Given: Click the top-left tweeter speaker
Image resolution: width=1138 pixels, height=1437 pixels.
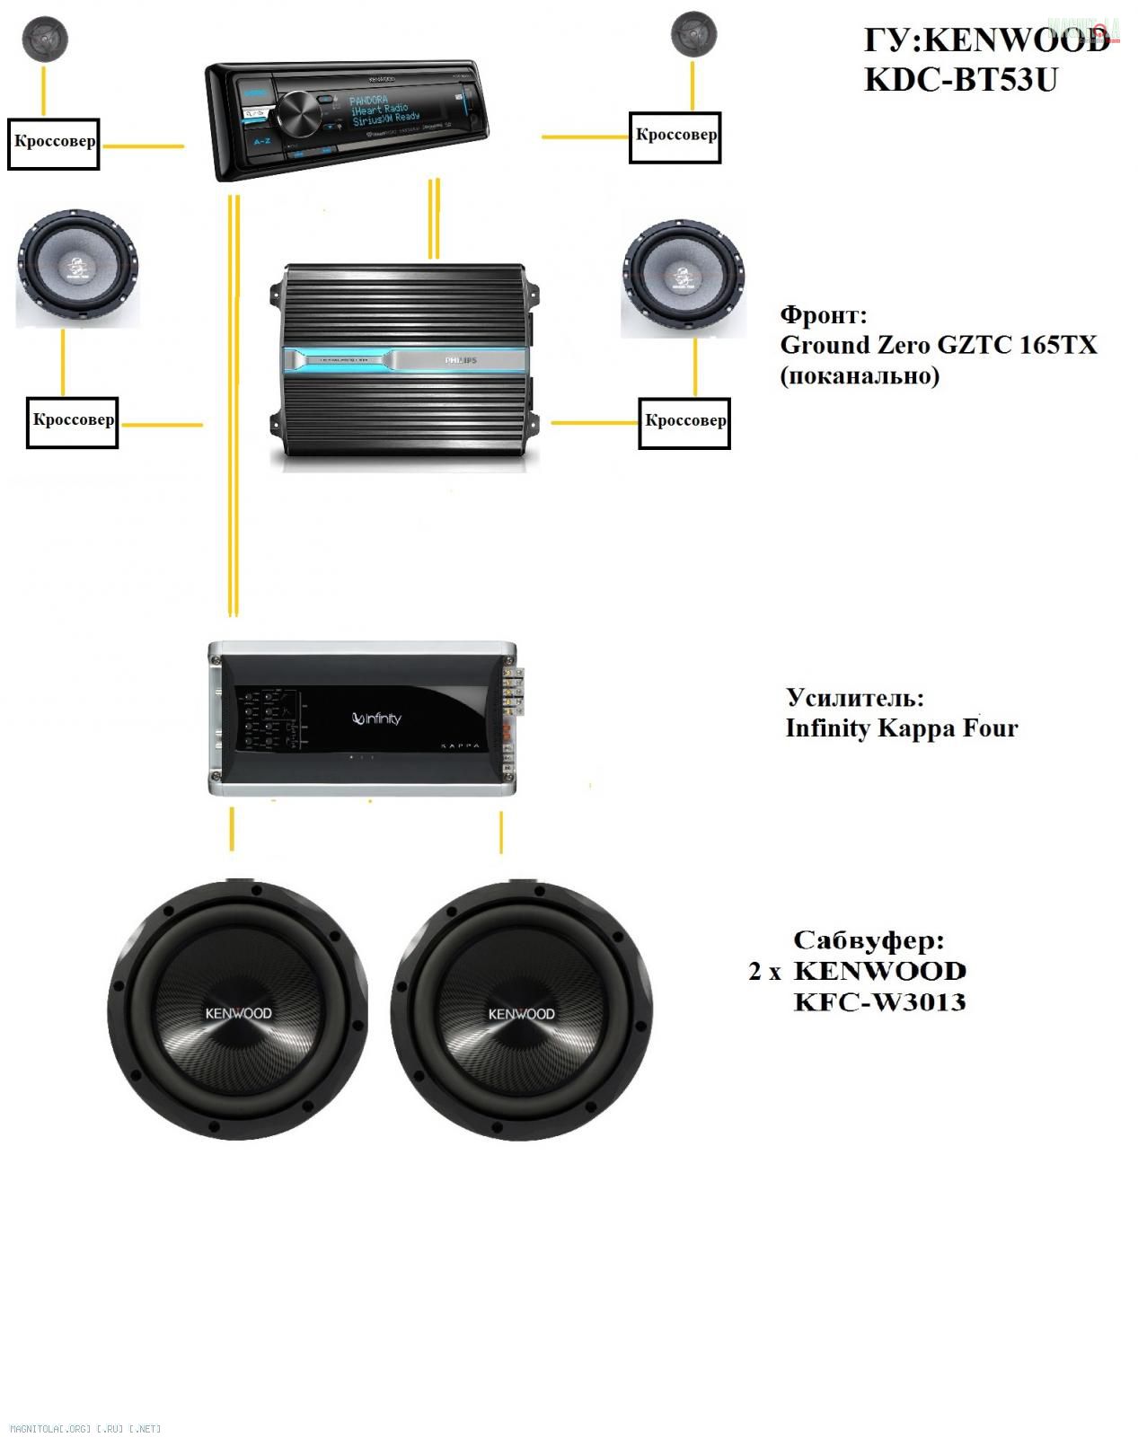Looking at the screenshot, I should tap(46, 39).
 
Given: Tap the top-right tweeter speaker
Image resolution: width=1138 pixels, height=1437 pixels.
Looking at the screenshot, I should tap(693, 34).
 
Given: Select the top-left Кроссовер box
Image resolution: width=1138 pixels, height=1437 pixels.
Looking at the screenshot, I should tap(53, 142).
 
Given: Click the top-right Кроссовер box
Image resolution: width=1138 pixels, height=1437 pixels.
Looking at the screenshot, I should tap(675, 137).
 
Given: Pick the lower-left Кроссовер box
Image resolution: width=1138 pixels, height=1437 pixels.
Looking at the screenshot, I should tap(73, 421).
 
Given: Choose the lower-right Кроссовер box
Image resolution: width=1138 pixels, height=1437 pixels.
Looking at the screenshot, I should tap(684, 421).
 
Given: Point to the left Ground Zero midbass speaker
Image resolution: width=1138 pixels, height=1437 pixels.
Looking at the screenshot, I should tap(77, 268).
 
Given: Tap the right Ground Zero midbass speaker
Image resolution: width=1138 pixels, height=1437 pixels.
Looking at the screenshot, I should tap(683, 278).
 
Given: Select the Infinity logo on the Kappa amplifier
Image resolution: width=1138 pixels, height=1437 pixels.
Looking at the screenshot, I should tap(377, 718).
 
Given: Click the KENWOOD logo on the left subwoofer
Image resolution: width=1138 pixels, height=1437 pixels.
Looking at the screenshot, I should tap(238, 1013).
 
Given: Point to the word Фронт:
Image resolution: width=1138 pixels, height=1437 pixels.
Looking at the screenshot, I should tap(824, 315).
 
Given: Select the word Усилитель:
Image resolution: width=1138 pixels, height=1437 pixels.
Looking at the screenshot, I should tap(855, 698).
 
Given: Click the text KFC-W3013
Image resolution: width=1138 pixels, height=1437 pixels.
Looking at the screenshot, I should tap(879, 1001).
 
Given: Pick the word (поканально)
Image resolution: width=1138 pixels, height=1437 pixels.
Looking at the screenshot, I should tap(860, 375).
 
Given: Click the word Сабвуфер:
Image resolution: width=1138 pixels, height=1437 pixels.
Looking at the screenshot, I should tap(869, 941).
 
